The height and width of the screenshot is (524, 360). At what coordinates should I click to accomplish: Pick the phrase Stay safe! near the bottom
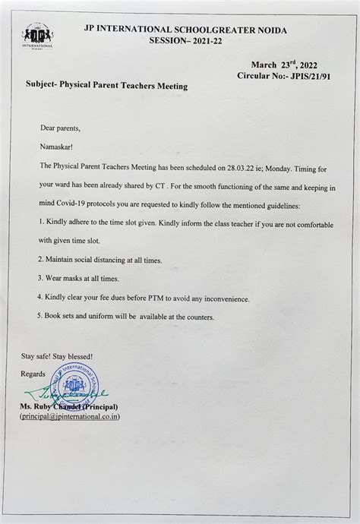tap(39, 355)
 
